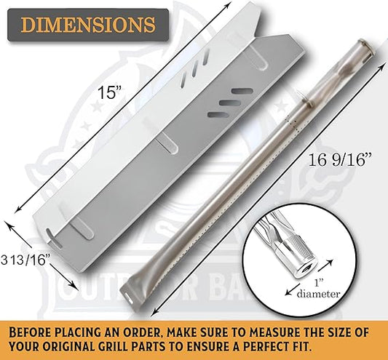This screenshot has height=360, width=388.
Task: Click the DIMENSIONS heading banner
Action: click(88, 25)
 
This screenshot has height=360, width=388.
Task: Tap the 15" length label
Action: click(109, 92)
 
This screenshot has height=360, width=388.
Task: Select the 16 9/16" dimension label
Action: click(340, 160)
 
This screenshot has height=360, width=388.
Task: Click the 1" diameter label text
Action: click(319, 289)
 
